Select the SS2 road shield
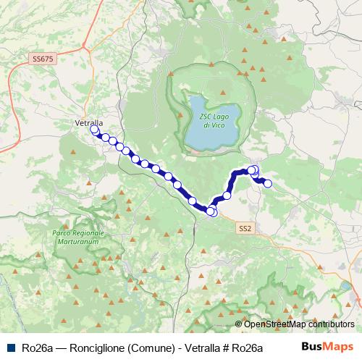tap(245, 228)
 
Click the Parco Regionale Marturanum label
tap(78, 238)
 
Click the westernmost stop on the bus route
tap(94, 130)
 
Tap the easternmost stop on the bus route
tap(267, 183)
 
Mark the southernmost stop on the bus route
tap(211, 211)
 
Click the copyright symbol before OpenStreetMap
tap(238, 324)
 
